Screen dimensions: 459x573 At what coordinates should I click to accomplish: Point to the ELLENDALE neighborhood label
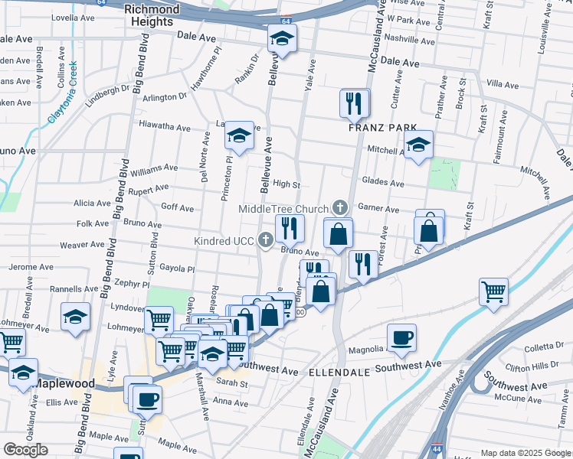340,371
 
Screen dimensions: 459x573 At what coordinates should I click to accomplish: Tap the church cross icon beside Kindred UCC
266,241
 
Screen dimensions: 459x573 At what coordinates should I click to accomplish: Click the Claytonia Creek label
64,96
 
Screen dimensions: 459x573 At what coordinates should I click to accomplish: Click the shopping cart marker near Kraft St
493,291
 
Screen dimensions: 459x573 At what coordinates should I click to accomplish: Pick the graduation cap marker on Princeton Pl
239,137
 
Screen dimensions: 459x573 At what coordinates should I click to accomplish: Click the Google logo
25,450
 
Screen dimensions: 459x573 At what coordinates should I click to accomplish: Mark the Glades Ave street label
385,184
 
